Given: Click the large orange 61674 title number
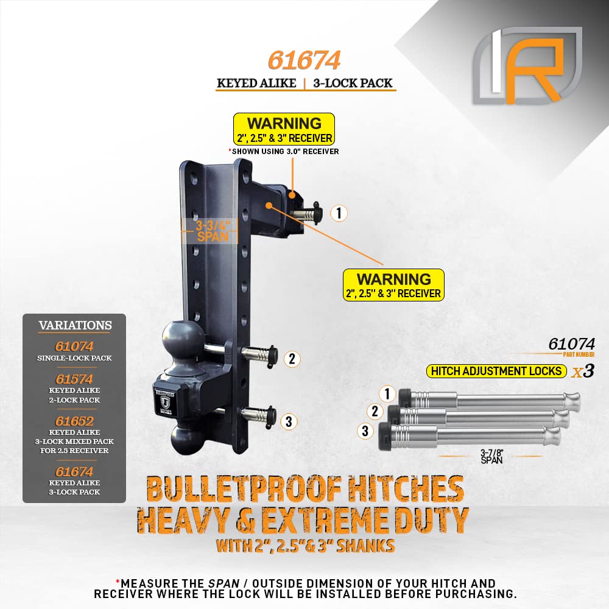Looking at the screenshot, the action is click(x=304, y=60).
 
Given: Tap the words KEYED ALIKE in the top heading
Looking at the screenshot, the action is click(x=256, y=83).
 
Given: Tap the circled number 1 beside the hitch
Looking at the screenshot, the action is click(x=339, y=213).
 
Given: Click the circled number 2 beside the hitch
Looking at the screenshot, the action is click(x=292, y=359).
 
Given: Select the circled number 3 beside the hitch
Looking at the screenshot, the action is click(x=289, y=421).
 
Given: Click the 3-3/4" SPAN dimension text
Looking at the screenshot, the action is click(x=213, y=231).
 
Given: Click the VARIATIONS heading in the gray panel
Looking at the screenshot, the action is click(x=75, y=325).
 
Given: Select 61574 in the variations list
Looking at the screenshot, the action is click(x=74, y=379).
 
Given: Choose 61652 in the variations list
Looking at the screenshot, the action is click(x=74, y=421).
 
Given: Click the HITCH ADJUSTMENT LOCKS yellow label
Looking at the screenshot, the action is click(x=496, y=371).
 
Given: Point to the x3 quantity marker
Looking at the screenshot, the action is click(x=583, y=371).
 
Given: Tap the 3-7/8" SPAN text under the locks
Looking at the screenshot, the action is click(x=491, y=456).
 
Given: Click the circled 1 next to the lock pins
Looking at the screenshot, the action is click(x=387, y=394).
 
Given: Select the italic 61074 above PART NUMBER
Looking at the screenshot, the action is click(x=571, y=343).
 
